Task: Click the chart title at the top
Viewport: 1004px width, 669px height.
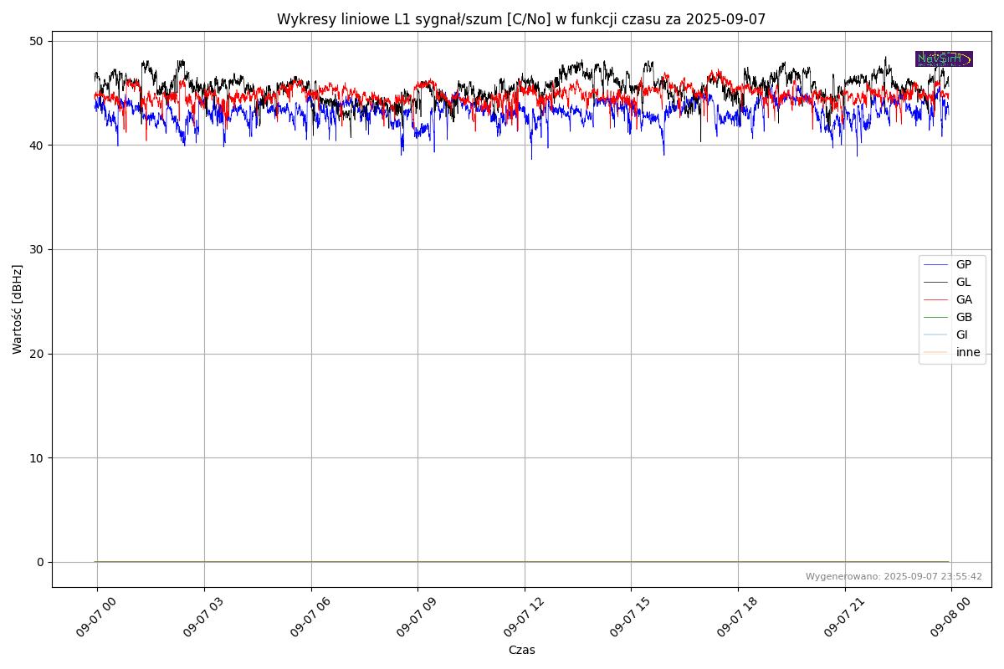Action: point(521,19)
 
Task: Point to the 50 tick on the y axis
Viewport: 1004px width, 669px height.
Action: point(37,41)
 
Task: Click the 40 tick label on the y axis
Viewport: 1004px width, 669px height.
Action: point(37,146)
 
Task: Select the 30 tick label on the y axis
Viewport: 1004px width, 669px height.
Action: point(37,249)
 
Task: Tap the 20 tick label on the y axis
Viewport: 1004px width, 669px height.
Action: point(37,354)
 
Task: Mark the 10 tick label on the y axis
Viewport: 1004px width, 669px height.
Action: point(37,457)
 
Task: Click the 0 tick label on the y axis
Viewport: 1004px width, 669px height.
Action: point(40,562)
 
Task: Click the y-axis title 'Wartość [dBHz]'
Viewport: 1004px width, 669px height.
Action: point(18,309)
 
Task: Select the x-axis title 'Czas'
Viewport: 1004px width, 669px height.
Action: point(521,650)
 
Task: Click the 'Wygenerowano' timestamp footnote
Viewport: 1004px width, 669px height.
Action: point(894,576)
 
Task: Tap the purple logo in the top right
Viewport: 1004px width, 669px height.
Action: point(944,59)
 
